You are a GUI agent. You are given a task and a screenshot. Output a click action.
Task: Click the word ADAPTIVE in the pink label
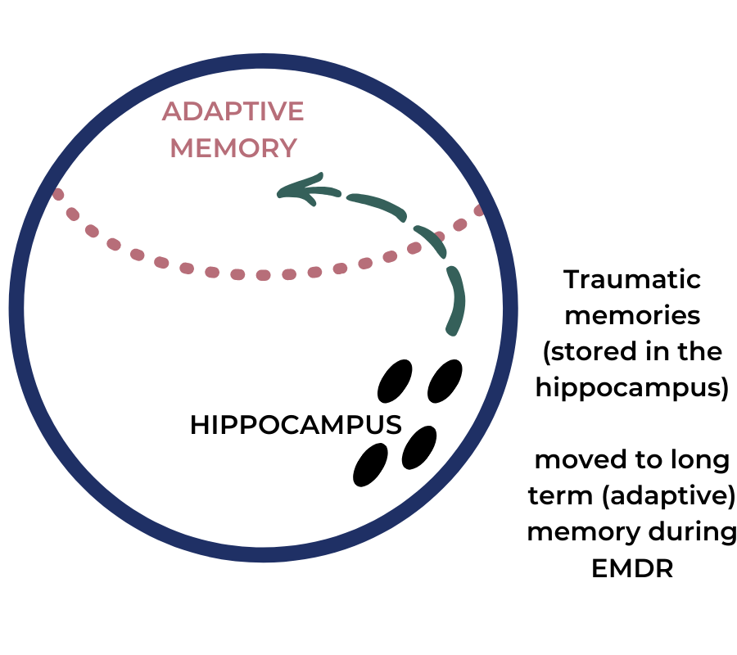coord(233,111)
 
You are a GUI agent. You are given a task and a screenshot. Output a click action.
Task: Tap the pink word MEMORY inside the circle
coord(233,148)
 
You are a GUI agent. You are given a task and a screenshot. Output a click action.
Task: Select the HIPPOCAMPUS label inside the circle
coord(296,425)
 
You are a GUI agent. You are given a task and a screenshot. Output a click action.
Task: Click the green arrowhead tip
coord(278,193)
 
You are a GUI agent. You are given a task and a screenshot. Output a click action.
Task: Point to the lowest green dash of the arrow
coord(456,300)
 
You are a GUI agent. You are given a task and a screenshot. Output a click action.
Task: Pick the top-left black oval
coord(395,381)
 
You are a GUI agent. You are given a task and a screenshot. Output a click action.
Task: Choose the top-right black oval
coord(445,381)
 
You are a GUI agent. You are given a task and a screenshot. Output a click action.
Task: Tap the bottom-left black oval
coord(370,465)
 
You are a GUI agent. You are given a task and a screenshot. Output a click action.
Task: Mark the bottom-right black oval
coord(419,447)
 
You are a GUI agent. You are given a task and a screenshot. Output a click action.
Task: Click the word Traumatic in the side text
coord(632,279)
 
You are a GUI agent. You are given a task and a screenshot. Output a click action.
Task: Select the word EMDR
coord(632,568)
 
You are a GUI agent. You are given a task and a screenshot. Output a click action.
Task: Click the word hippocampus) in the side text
coord(632,388)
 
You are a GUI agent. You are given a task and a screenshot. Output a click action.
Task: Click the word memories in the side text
coord(632,315)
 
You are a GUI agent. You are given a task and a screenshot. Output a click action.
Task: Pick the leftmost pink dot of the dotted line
coord(58,194)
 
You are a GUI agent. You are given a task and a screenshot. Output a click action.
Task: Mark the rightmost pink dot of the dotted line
coord(479,210)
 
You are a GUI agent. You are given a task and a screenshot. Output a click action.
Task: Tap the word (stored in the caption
coord(576,352)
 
